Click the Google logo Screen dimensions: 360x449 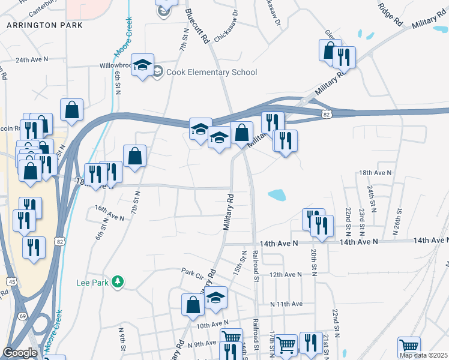(x=20, y=352)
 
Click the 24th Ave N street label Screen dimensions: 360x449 (x=31, y=60)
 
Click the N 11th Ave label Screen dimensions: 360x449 (x=286, y=304)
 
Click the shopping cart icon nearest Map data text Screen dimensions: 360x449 (x=409, y=346)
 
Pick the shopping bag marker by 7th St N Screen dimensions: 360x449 (x=134, y=156)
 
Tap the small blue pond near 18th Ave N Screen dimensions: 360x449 (x=277, y=194)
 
